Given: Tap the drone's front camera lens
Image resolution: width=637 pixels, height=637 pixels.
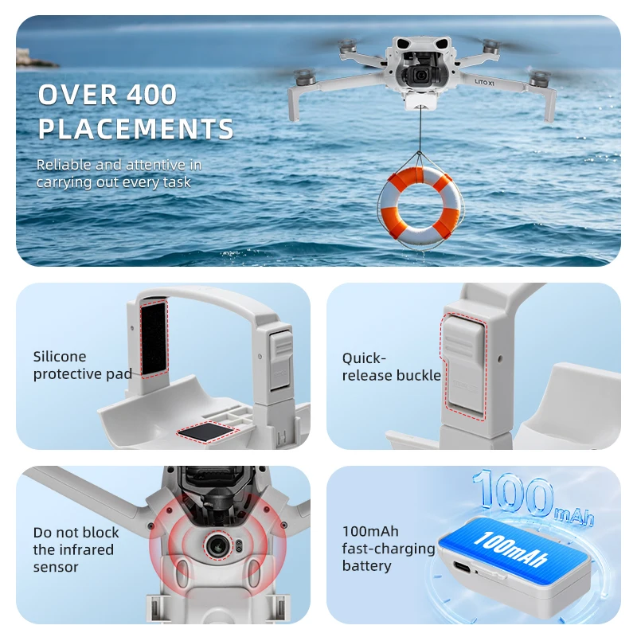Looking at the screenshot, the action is tap(421, 75).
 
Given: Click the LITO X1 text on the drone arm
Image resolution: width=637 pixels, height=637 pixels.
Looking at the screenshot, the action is tap(484, 83).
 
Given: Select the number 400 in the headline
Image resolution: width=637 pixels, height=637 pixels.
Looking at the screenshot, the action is tap(151, 95).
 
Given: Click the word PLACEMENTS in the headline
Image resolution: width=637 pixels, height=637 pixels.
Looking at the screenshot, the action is tap(135, 129).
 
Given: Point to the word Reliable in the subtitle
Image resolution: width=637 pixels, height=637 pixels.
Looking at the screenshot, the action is tap(64, 165).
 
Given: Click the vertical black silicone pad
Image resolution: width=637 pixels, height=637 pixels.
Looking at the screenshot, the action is tap(154, 338).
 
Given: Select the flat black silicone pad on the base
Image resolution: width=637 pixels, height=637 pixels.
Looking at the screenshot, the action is tap(208, 431).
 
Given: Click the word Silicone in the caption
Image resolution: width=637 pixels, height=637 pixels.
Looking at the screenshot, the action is tap(59, 357).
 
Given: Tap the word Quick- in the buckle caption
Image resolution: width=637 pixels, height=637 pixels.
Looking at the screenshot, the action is tap(364, 358).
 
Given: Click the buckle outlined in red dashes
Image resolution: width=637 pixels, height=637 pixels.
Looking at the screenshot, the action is tap(463, 366).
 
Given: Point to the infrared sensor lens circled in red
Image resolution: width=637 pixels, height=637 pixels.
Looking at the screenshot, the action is tap(218, 545).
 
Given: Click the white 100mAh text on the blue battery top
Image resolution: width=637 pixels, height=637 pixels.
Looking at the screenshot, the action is tap(511, 548).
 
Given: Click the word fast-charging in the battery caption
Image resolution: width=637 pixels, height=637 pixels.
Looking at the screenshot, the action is tap(389, 549).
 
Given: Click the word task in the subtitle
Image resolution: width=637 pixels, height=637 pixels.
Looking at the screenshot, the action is tap(177, 182).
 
